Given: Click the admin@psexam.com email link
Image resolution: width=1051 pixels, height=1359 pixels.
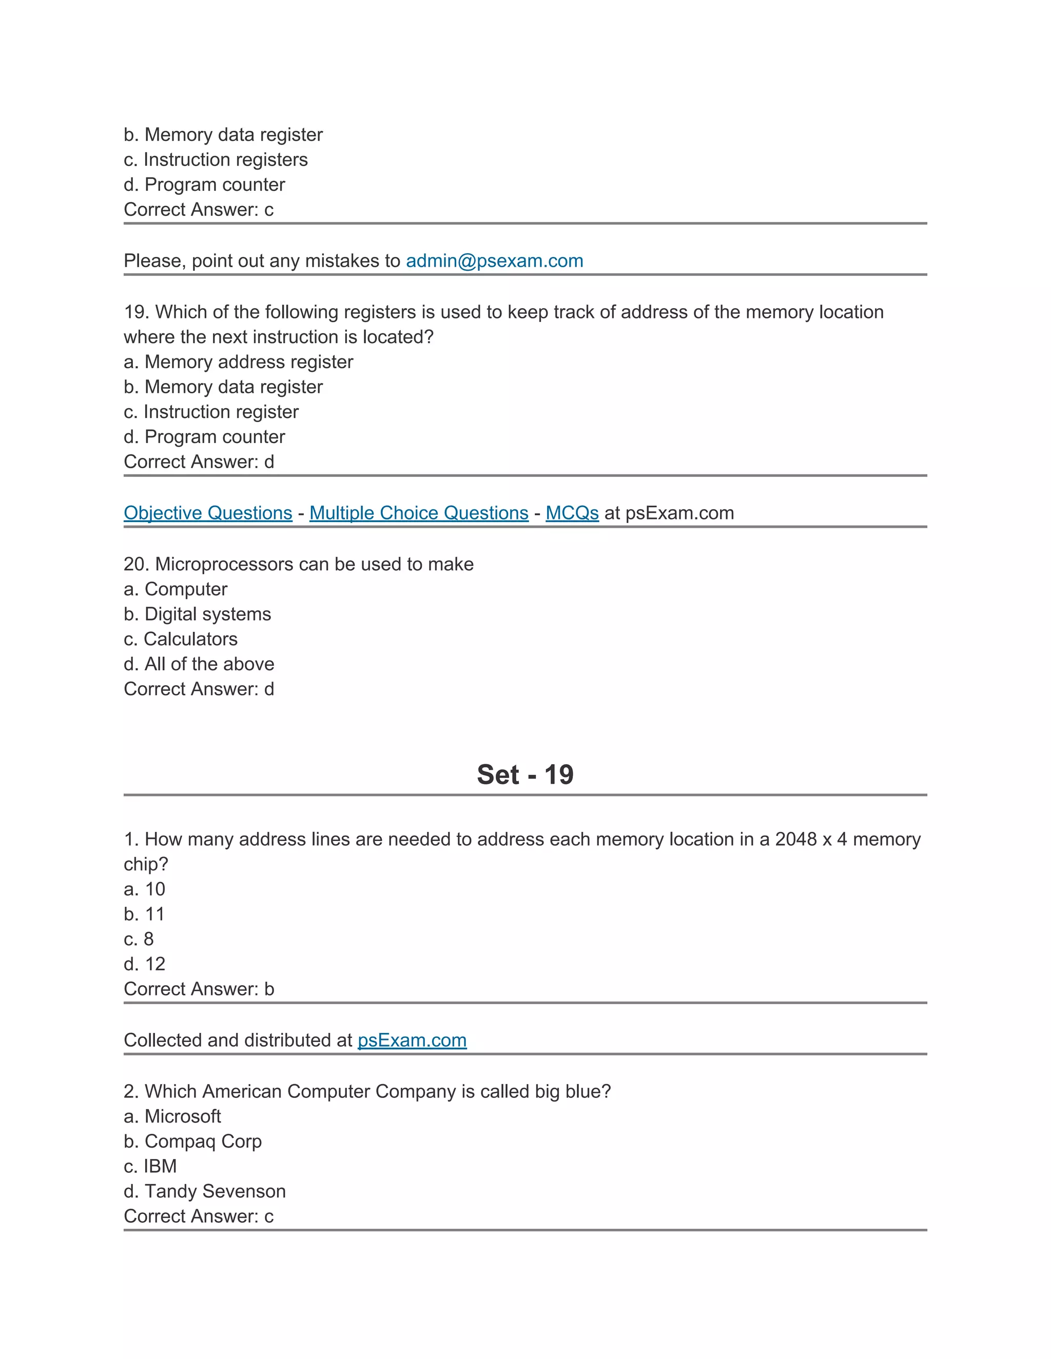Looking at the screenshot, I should coord(494,261).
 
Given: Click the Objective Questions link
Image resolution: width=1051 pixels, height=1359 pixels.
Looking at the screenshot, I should coord(208,513).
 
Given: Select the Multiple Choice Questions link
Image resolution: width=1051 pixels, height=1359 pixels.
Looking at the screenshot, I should coord(418,513).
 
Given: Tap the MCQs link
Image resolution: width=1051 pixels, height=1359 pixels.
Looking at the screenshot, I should coord(572,513).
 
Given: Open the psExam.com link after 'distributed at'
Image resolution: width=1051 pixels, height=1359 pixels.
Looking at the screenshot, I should coord(412,1040).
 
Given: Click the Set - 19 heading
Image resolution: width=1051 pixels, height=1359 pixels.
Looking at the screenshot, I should coord(525,775).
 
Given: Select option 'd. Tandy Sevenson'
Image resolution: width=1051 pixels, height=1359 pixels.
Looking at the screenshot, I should coord(204,1191).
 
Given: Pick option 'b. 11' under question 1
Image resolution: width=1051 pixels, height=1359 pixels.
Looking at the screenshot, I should coord(144,914).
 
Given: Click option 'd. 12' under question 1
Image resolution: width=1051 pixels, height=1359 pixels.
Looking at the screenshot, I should coord(144,964).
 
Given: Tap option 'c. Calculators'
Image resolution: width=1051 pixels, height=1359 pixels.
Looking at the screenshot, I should coord(181,639).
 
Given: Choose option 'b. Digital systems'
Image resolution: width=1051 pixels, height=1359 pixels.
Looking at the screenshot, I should coord(198,614).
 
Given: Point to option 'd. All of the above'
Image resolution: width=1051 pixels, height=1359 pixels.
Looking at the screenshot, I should coord(199,664).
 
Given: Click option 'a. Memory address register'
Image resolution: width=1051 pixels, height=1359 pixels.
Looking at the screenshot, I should coord(239,362).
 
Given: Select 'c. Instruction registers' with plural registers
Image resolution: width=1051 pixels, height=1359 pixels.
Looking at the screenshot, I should coord(216,160).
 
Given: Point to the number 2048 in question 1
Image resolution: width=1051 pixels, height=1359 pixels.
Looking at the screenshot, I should coord(795,840).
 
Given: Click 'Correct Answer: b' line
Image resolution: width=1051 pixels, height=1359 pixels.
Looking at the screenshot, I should coord(199,989).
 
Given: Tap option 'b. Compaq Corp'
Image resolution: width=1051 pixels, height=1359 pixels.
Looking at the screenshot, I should coord(192,1141).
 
